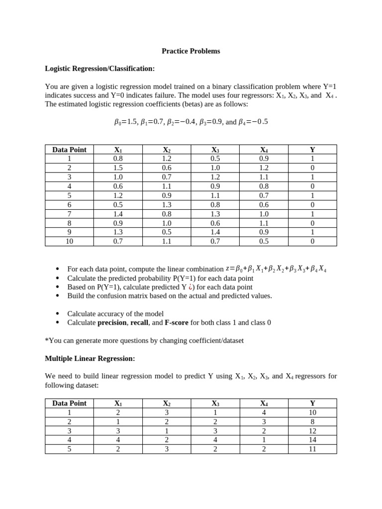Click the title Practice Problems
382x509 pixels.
[x=191, y=51]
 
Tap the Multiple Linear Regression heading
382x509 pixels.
[x=90, y=358]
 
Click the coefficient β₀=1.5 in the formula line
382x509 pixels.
[x=125, y=122]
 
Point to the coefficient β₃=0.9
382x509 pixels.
[x=211, y=122]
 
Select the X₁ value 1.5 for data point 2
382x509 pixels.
[x=118, y=168]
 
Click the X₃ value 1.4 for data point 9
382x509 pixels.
[x=215, y=232]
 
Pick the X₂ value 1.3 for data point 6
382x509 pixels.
[x=167, y=205]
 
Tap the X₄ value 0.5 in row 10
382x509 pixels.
[x=264, y=242]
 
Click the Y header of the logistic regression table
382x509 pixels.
[x=312, y=150]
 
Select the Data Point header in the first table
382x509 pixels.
[x=69, y=150]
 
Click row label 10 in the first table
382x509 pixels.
[x=69, y=242]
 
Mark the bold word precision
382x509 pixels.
[x=112, y=323]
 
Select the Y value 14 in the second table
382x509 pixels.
[x=312, y=440]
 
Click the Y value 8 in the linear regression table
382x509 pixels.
[x=312, y=422]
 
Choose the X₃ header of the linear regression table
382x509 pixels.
[x=215, y=403]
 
